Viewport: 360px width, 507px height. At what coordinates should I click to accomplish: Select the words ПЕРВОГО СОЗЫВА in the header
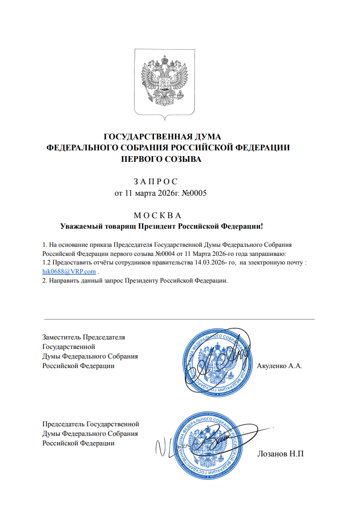coord(162,159)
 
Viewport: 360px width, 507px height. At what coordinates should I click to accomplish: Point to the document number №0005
coord(197,193)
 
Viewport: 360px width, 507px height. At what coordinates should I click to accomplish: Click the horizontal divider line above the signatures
coord(179,319)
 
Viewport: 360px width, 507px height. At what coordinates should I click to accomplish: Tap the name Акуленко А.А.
coord(280,366)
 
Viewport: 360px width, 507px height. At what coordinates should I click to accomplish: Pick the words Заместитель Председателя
coord(84,337)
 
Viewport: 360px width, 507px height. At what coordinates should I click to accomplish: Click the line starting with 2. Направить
coord(135,280)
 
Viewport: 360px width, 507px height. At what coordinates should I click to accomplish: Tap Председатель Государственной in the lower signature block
coord(91,423)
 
